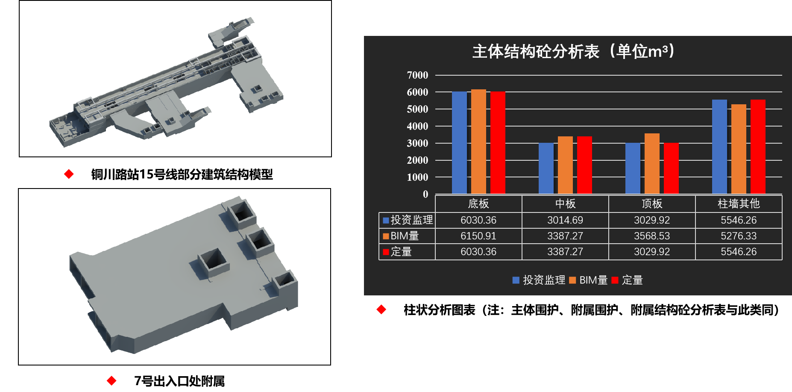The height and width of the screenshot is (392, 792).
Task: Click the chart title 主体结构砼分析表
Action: point(536,52)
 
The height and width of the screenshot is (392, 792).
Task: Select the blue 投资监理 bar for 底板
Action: point(459,142)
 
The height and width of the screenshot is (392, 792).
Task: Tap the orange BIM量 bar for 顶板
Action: point(652,163)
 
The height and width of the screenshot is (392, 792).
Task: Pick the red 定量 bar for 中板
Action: point(584,165)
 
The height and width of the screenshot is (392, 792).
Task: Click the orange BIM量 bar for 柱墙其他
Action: point(739,149)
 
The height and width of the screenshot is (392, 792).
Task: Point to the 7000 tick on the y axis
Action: point(417,75)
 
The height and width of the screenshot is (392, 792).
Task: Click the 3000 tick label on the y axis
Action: point(417,143)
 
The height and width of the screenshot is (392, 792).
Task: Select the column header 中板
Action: point(565,203)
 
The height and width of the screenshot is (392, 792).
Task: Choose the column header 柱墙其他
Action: point(739,203)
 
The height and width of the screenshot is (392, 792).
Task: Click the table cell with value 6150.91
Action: point(478,236)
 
